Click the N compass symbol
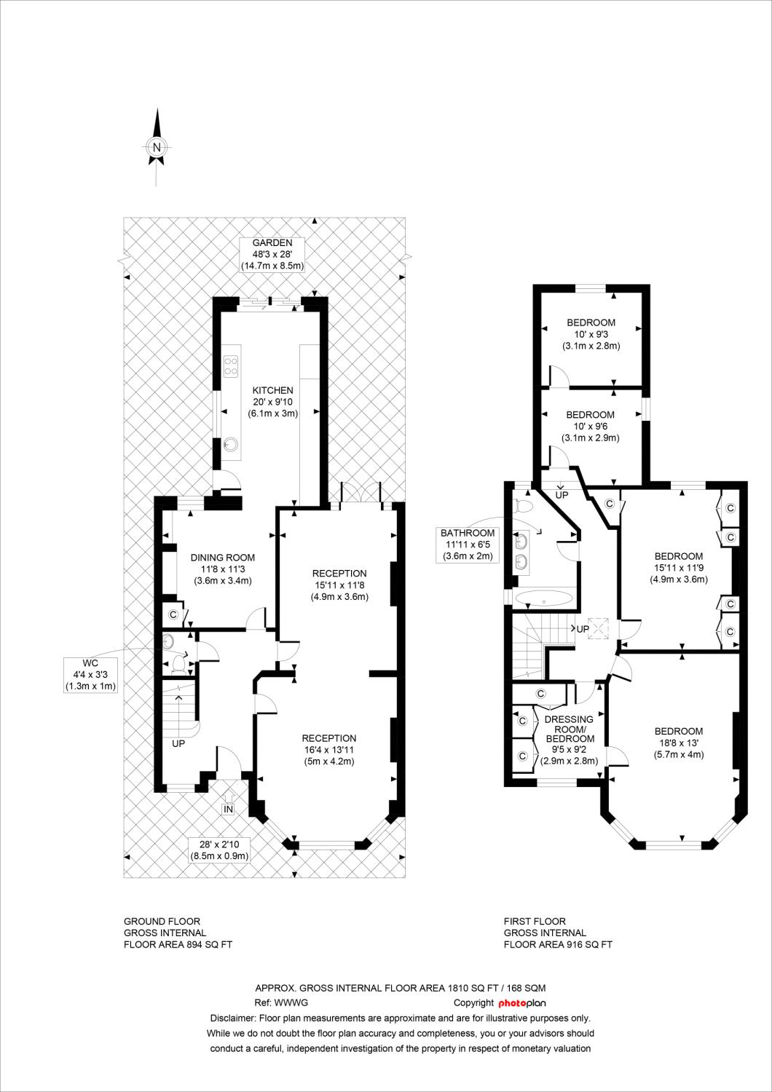pos(157,147)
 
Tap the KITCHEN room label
pos(272,390)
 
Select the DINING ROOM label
pos(222,558)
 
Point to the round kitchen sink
pos(231,443)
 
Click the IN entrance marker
pos(228,810)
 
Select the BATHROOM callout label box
pos(467,545)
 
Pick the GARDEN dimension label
pos(272,255)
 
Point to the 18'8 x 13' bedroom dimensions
pos(678,743)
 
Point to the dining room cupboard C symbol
pos(173,614)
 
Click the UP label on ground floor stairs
pos(178,744)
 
